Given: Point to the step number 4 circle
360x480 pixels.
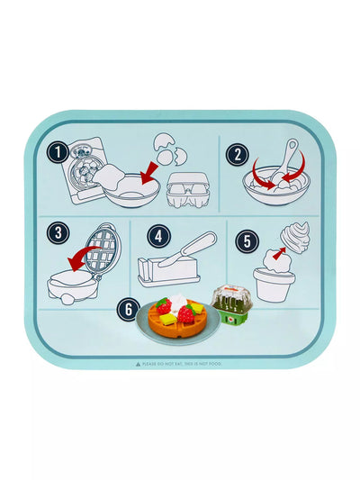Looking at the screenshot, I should (159, 236).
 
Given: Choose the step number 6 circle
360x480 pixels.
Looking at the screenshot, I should (130, 308).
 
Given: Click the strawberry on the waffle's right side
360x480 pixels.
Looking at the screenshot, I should (186, 314).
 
